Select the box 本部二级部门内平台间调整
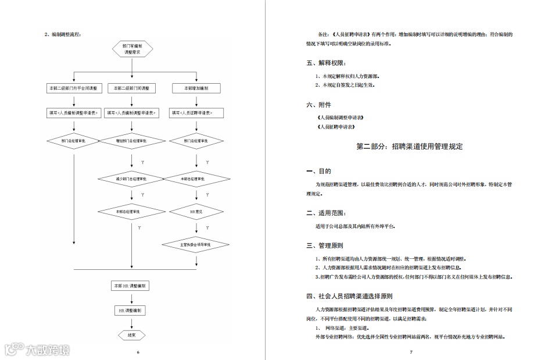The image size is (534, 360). point(74,88)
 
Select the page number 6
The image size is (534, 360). point(138,352)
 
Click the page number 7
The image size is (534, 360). point(410,352)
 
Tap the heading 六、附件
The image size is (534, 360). point(318,105)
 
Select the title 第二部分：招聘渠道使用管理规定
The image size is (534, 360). point(410,147)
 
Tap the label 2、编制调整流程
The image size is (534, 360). point(63,34)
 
